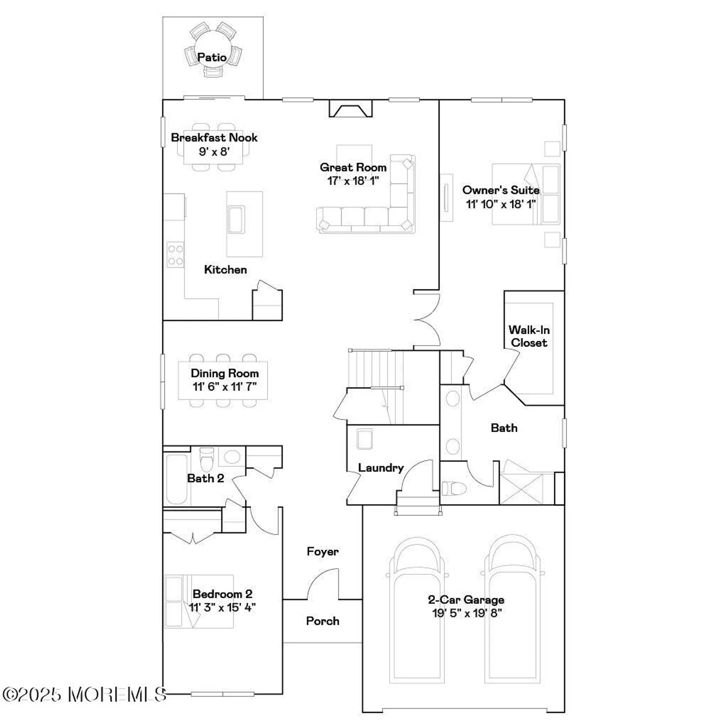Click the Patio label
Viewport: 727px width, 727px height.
[x=212, y=57]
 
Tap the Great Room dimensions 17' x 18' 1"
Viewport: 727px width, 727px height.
[x=353, y=181]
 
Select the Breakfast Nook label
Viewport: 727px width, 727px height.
[x=214, y=138]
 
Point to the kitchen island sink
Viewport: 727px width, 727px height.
[x=237, y=220]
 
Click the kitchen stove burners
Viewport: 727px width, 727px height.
[x=175, y=255]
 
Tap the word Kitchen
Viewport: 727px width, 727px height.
[x=225, y=269]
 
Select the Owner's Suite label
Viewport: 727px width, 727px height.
[x=501, y=190]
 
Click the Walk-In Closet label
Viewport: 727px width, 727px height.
[x=529, y=336]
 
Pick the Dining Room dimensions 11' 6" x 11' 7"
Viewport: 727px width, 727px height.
[x=224, y=387]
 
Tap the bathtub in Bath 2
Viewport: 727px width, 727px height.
[x=176, y=479]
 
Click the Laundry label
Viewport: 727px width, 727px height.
[x=380, y=468]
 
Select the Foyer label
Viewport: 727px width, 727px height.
[x=322, y=552]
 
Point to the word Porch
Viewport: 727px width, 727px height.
[x=322, y=621]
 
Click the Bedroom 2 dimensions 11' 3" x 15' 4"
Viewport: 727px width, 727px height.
[x=222, y=607]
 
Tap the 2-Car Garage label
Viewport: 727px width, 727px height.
[x=466, y=600]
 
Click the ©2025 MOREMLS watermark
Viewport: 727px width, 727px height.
[x=84, y=694]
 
